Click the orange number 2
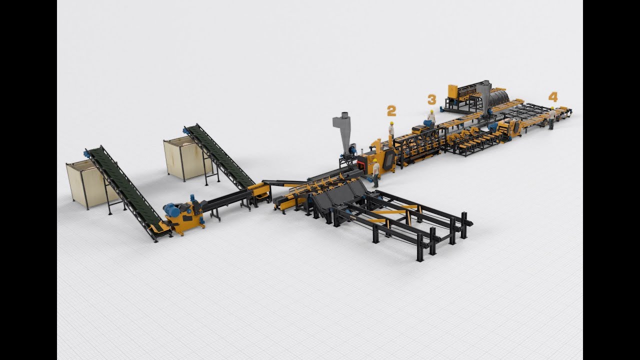391,111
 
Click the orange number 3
431,99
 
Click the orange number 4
552,96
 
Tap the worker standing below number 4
551,118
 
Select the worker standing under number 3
431,118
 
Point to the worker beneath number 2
391,130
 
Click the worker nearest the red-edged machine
375,172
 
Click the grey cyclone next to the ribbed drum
483,95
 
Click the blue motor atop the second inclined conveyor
186,131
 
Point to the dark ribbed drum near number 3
498,98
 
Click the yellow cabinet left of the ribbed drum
452,92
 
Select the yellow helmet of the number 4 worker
552,107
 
